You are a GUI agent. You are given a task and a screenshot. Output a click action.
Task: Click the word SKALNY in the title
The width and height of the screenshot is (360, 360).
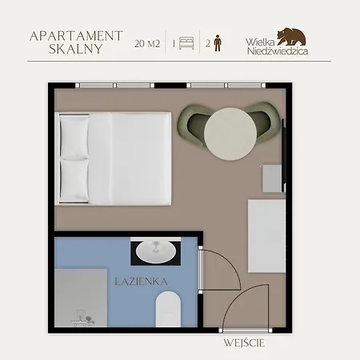[76, 49]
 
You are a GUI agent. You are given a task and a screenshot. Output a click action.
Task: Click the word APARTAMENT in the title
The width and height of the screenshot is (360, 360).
[76, 36]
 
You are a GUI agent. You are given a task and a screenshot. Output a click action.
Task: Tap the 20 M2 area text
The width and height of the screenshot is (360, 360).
[147, 43]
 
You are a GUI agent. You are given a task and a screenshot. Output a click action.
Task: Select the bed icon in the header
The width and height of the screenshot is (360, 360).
[186, 43]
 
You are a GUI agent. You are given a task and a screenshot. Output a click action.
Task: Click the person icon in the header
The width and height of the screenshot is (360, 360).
[218, 42]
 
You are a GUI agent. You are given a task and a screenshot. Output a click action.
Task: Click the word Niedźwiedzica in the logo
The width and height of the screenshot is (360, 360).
[278, 50]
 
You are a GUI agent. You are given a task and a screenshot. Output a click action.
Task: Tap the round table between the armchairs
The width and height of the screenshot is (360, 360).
[230, 134]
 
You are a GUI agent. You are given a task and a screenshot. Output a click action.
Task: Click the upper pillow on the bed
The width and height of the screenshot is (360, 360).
[74, 138]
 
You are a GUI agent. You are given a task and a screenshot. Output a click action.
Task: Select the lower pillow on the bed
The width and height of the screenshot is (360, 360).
[74, 181]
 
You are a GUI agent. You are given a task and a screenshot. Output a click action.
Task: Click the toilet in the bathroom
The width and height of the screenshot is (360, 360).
[168, 309]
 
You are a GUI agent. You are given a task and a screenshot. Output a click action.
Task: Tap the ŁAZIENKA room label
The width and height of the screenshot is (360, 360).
[142, 282]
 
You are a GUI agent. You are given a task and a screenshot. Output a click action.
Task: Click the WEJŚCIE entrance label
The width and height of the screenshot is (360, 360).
[244, 343]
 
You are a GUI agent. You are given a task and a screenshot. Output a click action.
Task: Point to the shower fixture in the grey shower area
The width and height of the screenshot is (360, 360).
[82, 318]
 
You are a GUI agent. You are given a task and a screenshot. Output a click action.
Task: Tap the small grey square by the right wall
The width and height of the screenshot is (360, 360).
[272, 178]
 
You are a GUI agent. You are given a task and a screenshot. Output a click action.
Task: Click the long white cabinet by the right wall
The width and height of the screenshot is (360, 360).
[266, 236]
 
